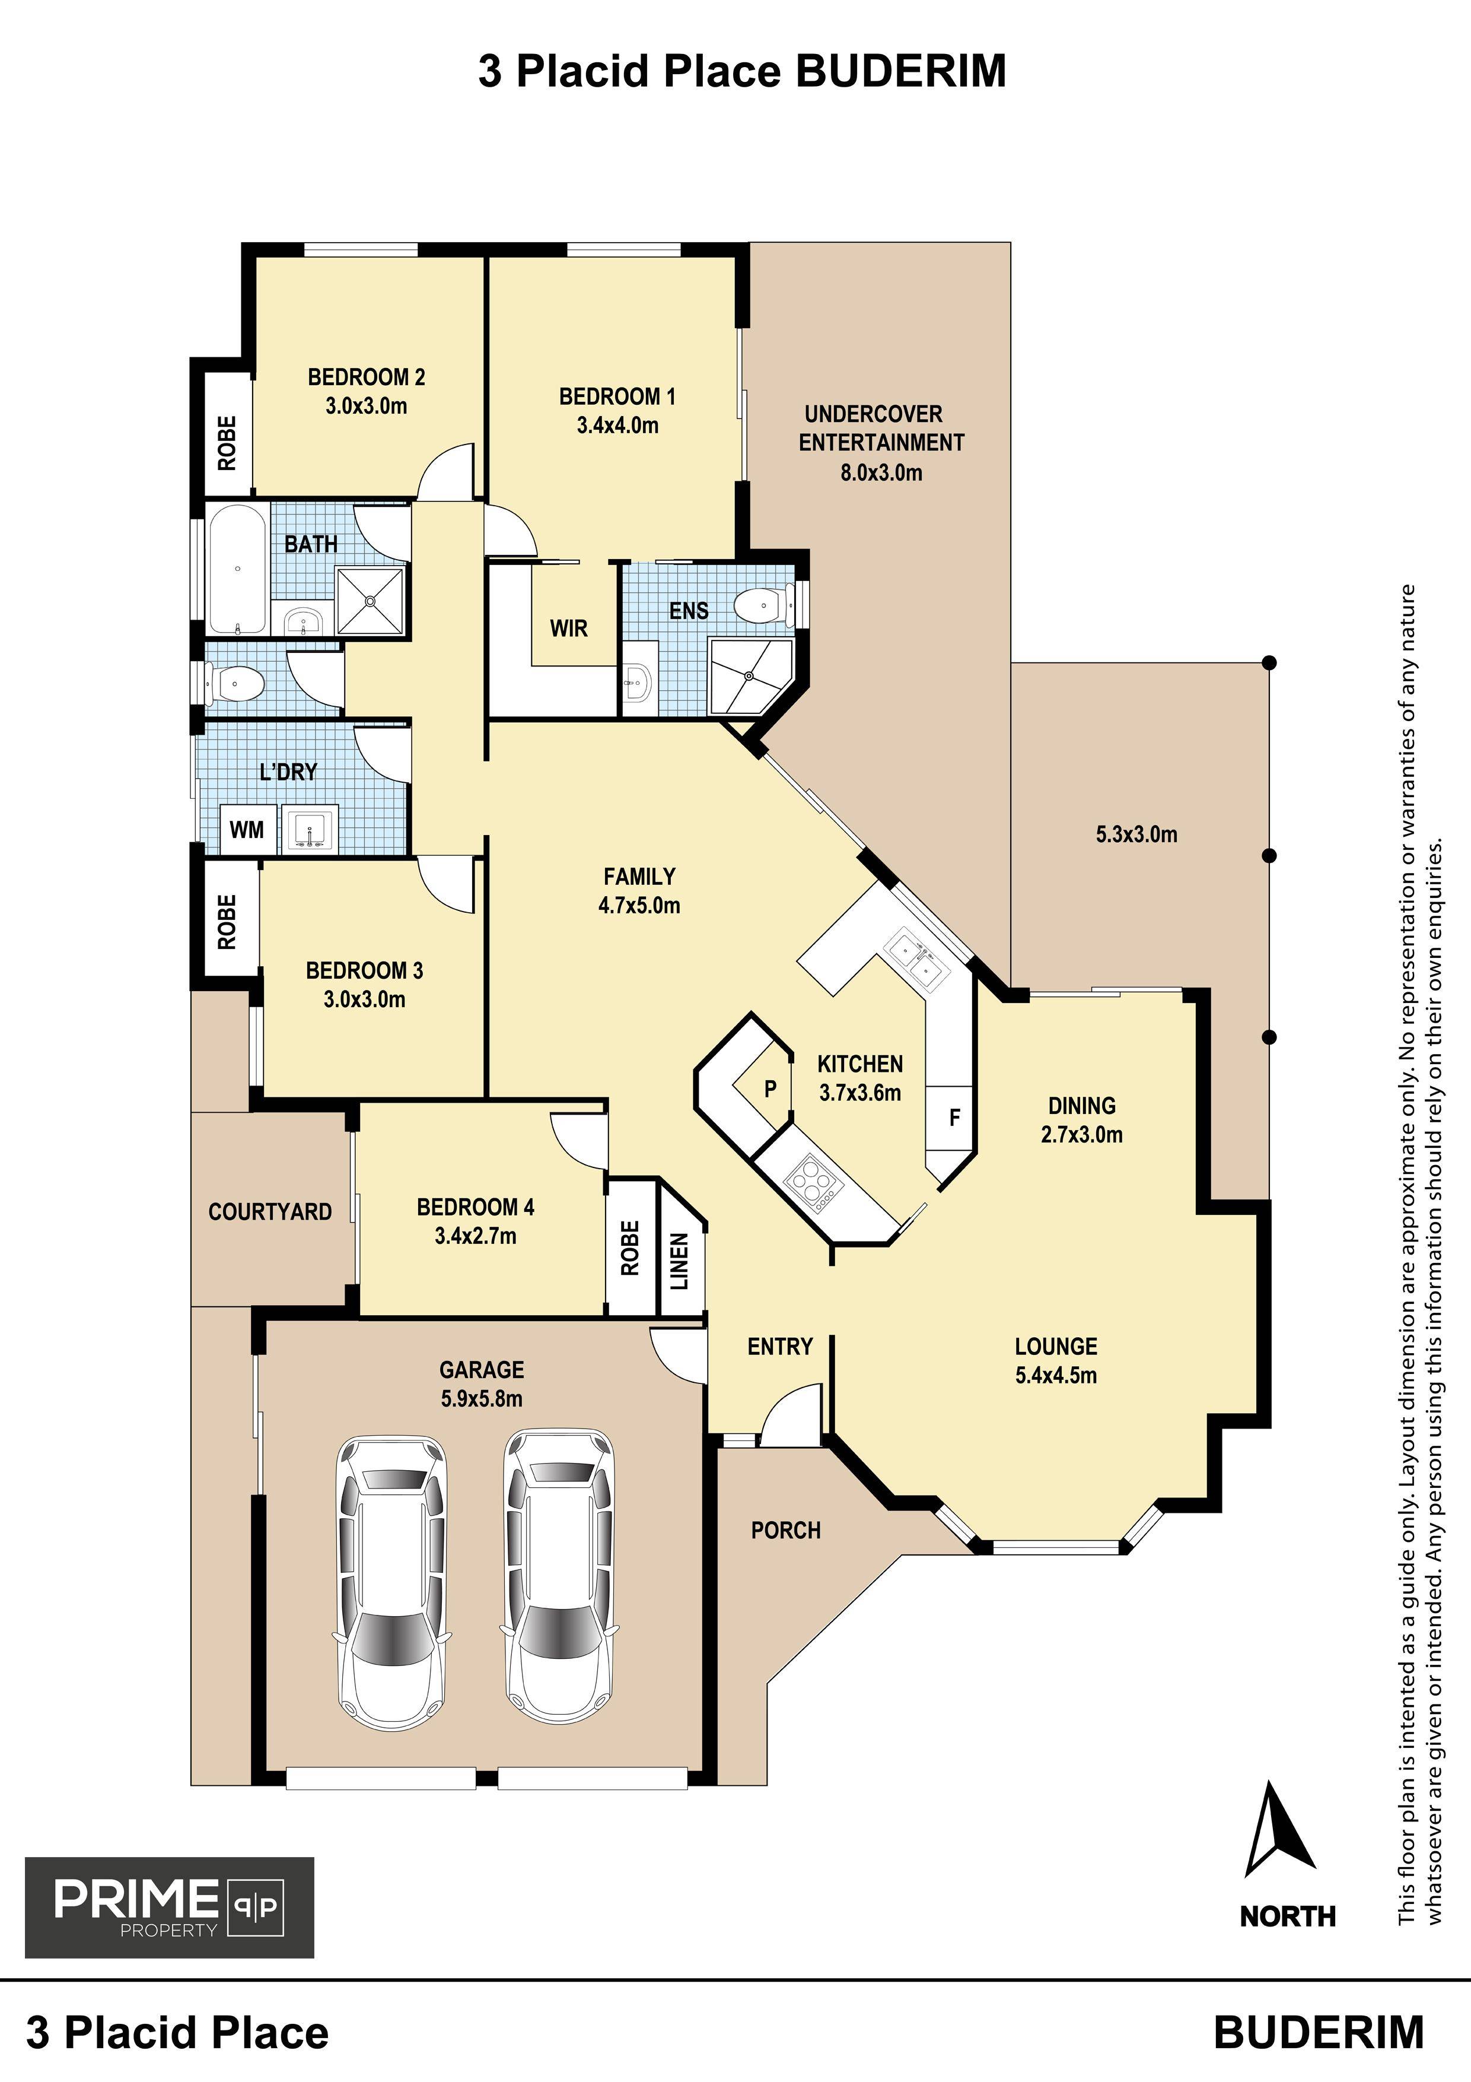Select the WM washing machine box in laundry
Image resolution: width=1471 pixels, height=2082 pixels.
[247, 829]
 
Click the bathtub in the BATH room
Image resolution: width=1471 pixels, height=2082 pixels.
[237, 570]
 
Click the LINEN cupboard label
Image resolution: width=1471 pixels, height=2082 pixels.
[680, 1261]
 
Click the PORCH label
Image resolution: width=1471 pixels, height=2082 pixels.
[786, 1531]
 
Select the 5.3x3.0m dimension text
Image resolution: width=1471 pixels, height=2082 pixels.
[1136, 834]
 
